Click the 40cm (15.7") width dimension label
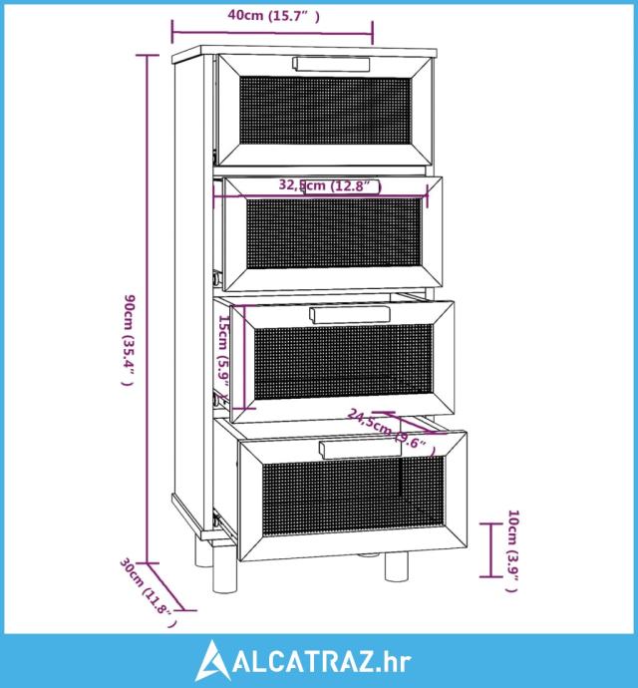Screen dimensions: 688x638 (x=273, y=15)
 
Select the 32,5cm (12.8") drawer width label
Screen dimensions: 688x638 (x=330, y=185)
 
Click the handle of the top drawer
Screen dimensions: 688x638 (x=332, y=64)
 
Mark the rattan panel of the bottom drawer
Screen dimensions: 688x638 (x=352, y=496)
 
